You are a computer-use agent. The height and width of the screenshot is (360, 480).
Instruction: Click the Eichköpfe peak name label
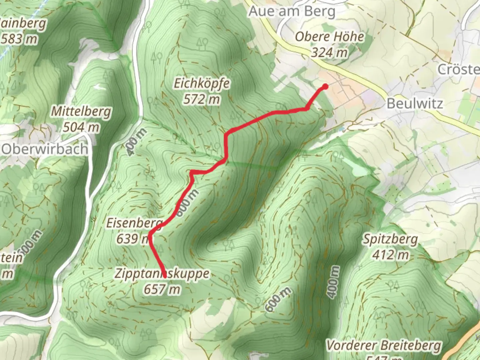pyautogui.click(x=202, y=83)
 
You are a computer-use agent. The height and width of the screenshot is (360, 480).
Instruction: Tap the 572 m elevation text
pyautogui.click(x=201, y=99)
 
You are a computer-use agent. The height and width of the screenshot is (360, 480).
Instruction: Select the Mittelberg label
pyautogui.click(x=81, y=111)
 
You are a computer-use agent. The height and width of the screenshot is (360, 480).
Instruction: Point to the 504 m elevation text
pyautogui.click(x=81, y=127)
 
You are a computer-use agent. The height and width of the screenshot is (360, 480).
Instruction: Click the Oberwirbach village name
pyautogui.click(x=45, y=149)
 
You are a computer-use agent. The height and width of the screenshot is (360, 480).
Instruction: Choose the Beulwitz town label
pyautogui.click(x=415, y=104)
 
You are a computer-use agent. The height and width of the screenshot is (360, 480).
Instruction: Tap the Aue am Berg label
pyautogui.click(x=292, y=12)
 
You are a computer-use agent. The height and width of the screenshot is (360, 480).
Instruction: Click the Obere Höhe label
pyautogui.click(x=329, y=37)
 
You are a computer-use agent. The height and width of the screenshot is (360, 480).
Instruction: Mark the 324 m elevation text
pyautogui.click(x=329, y=52)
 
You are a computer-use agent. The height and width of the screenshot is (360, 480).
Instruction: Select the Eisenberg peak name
pyautogui.click(x=134, y=223)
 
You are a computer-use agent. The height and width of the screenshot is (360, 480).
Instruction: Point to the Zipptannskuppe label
pyautogui.click(x=162, y=274)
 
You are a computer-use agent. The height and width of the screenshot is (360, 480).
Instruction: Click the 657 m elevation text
pyautogui.click(x=162, y=289)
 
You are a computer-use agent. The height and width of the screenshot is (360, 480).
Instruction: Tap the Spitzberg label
pyautogui.click(x=390, y=239)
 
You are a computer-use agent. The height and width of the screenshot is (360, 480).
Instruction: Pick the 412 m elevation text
pyautogui.click(x=390, y=255)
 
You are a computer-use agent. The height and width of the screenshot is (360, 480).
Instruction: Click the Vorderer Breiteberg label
pyautogui.click(x=384, y=345)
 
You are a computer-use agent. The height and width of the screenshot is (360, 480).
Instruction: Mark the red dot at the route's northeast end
pyautogui.click(x=325, y=87)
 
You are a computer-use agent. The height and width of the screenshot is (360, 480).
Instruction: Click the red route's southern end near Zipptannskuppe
pyautogui.click(x=164, y=276)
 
